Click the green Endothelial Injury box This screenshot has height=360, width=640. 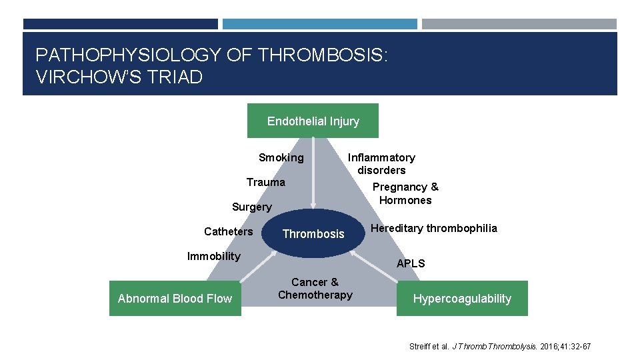[x=313, y=121]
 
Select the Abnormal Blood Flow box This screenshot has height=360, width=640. [x=175, y=298]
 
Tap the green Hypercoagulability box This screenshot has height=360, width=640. [x=462, y=298]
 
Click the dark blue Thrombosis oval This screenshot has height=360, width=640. [x=313, y=233]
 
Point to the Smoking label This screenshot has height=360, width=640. [x=281, y=158]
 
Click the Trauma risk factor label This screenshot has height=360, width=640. [x=265, y=183]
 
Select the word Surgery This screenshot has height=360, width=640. [x=251, y=207]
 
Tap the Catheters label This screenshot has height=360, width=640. [x=228, y=232]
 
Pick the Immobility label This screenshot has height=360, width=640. [x=213, y=257]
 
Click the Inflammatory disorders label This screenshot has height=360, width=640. [x=381, y=164]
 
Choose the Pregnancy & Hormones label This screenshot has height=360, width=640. [x=405, y=193]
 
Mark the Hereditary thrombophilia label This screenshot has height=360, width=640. [x=433, y=229]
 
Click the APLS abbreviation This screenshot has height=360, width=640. [x=411, y=263]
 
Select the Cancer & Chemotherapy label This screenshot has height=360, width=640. [x=315, y=289]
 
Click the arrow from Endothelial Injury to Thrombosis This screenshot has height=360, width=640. [x=313, y=173]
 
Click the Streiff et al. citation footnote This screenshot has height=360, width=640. [x=499, y=347]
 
